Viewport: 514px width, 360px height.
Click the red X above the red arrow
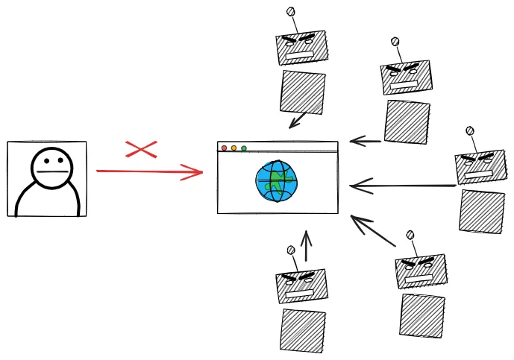141,149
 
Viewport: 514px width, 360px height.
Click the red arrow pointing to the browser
149,172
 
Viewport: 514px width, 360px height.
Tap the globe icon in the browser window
277,181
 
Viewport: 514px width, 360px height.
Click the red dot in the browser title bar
224,148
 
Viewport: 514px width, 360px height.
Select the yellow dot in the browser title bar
234,148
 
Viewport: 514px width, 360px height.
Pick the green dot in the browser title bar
244,148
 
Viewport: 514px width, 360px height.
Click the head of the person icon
52,168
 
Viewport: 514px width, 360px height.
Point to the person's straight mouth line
52,172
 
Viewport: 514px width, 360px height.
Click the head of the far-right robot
480,167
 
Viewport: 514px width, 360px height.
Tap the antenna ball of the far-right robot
470,131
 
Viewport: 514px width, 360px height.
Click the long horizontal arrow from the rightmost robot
403,186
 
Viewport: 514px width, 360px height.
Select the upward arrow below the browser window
306,246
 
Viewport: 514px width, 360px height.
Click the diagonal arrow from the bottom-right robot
373,231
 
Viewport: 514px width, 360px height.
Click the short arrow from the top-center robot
298,120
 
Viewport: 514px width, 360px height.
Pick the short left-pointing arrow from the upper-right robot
366,140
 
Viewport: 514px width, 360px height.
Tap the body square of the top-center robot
302,92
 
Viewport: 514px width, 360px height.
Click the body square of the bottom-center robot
302,330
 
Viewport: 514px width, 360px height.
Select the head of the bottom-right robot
421,271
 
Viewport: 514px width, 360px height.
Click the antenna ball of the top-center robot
291,11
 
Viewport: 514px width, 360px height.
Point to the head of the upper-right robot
406,78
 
